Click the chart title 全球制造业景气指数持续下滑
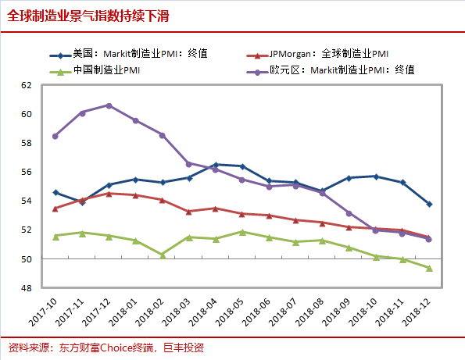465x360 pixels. (88, 16)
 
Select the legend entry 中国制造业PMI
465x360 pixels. (95, 70)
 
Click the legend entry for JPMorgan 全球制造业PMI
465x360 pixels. (317, 54)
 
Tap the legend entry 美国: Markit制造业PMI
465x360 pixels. (128, 54)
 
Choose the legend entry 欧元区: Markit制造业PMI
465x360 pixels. (331, 70)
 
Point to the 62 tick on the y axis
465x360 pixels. (26, 85)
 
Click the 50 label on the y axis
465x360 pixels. (26, 259)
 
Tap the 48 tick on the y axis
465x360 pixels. (26, 288)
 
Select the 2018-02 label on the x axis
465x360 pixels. (149, 312)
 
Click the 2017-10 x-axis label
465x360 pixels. (42, 312)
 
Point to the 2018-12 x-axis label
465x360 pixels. (416, 312)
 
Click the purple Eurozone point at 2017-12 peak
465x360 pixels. (109, 105)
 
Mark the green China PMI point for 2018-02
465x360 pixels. (163, 255)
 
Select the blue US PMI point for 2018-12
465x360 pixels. (429, 204)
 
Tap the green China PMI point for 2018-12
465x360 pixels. (429, 268)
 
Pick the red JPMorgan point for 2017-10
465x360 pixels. (55, 209)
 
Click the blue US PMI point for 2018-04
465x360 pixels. (216, 165)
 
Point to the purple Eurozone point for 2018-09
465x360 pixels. (349, 213)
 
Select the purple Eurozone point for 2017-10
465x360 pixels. (55, 137)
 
